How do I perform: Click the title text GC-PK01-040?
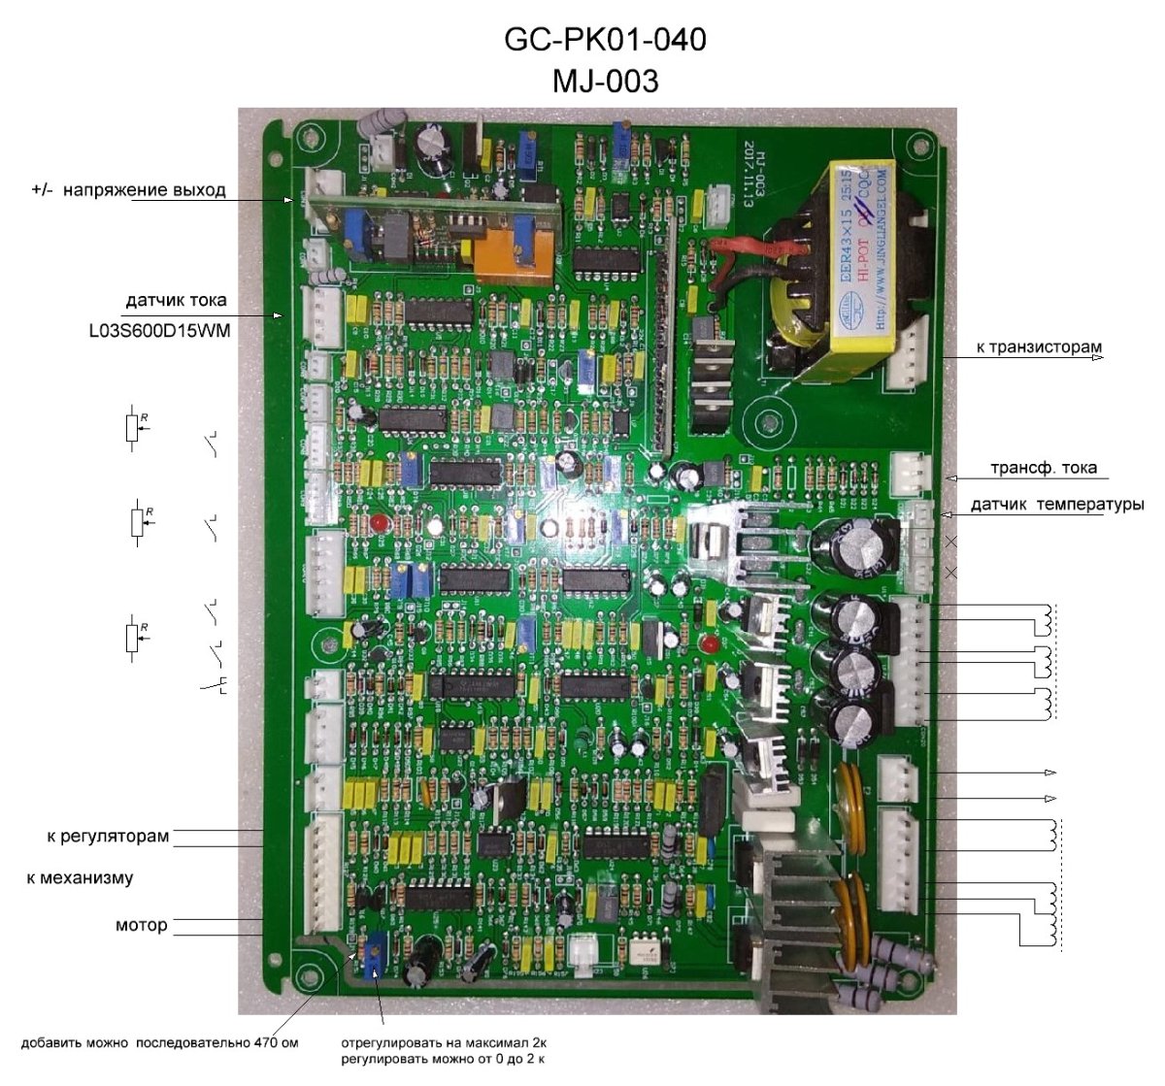[x=605, y=40]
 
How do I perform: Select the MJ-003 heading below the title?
[x=605, y=81]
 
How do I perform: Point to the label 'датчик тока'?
[x=176, y=300]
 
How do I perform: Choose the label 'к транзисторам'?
[x=1039, y=347]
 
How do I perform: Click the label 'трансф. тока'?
[x=1043, y=468]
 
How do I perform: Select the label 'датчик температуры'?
[x=1056, y=505]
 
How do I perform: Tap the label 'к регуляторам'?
[x=108, y=836]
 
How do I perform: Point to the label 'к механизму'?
[x=80, y=878]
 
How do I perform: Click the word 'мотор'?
[x=142, y=926]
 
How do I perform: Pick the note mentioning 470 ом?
[x=159, y=1043]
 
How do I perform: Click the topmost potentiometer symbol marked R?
[x=133, y=427]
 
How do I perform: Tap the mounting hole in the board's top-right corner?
[x=913, y=147]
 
